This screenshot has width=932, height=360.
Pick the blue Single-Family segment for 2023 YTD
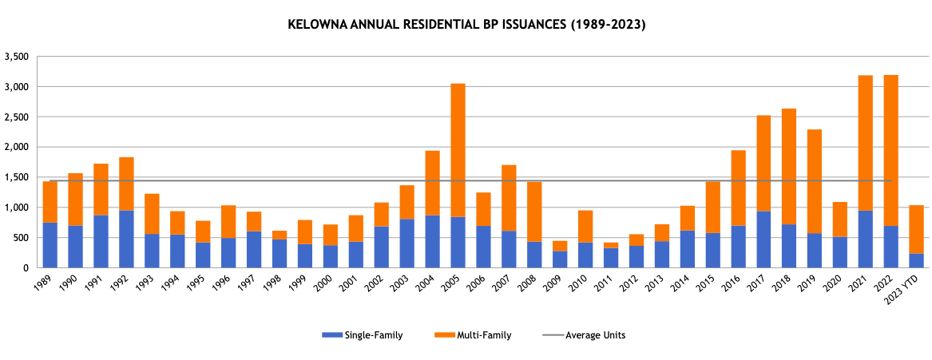(x=916, y=260)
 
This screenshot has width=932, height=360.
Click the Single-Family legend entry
(x=362, y=335)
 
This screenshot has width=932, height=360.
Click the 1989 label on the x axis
(x=47, y=285)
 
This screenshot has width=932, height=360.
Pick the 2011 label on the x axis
(x=608, y=285)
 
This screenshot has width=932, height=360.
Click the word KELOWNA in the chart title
(x=312, y=25)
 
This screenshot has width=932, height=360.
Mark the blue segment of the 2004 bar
(x=432, y=241)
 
